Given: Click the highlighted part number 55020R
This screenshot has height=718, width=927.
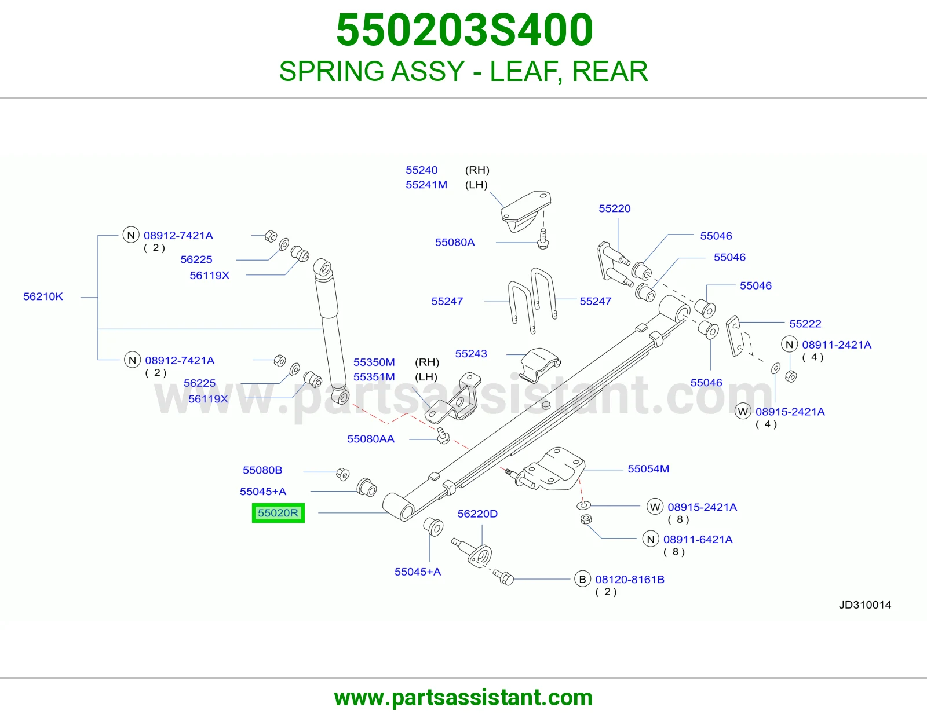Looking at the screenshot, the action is (x=278, y=512).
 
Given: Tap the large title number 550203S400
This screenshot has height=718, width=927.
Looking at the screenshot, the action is (x=464, y=30).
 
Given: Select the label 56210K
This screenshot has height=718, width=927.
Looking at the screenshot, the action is (x=43, y=296).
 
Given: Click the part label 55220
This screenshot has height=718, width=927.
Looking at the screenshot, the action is (x=614, y=208).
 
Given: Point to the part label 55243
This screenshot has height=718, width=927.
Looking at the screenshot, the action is (x=471, y=353).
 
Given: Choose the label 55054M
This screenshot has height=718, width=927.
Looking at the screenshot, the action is (x=648, y=469).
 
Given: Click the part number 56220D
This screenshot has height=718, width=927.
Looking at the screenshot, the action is (x=477, y=514).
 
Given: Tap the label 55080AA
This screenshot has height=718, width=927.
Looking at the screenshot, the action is (x=371, y=439).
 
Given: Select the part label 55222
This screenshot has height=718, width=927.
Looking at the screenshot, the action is (x=805, y=324).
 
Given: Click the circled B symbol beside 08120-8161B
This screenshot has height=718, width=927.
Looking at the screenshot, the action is (x=582, y=579).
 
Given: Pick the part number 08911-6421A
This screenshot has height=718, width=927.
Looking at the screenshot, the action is (x=698, y=539).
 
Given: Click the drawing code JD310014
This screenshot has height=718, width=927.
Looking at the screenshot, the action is (x=864, y=605).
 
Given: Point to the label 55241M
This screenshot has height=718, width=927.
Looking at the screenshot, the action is (x=426, y=185).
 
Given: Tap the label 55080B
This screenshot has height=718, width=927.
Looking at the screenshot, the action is (x=262, y=470).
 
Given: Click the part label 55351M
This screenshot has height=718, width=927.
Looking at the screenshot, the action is (x=374, y=377).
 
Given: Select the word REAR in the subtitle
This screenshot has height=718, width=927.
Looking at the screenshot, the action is (x=610, y=71).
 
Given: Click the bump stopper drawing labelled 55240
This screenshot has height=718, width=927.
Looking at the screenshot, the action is (x=525, y=211).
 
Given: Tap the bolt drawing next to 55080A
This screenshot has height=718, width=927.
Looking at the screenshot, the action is (x=543, y=239).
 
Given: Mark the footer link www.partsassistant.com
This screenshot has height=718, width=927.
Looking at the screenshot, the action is (x=463, y=698).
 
